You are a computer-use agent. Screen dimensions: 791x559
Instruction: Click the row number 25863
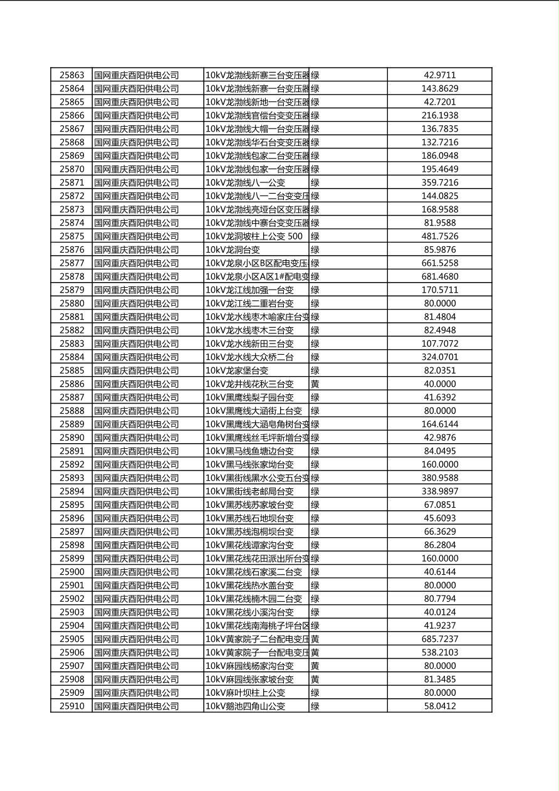(x=71, y=75)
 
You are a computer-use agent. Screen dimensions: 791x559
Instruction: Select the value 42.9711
(x=439, y=75)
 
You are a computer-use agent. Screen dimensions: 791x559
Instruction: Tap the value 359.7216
(x=439, y=182)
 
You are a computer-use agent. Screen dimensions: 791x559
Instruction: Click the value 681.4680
(x=439, y=276)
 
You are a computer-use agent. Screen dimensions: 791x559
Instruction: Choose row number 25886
(x=71, y=384)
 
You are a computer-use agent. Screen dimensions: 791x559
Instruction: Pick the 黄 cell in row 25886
(x=315, y=384)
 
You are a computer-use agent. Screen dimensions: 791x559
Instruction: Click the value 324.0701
(x=439, y=357)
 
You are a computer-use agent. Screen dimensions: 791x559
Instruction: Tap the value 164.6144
(x=439, y=424)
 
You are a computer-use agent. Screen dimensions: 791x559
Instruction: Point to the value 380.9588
(x=439, y=478)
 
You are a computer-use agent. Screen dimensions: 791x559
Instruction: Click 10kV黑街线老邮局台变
(x=249, y=491)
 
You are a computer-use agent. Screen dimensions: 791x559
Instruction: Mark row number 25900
(x=71, y=572)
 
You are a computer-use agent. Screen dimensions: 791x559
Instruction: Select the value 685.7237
(x=439, y=639)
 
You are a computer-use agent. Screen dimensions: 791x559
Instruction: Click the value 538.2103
(x=439, y=652)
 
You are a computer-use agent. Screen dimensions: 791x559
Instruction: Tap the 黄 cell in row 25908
(x=315, y=679)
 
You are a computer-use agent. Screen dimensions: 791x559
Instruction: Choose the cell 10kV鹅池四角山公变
(x=245, y=706)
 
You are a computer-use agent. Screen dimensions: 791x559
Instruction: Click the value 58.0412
(x=439, y=706)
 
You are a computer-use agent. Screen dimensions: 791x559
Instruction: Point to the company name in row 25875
(x=136, y=236)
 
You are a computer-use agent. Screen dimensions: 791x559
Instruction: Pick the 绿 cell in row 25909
(x=315, y=693)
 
